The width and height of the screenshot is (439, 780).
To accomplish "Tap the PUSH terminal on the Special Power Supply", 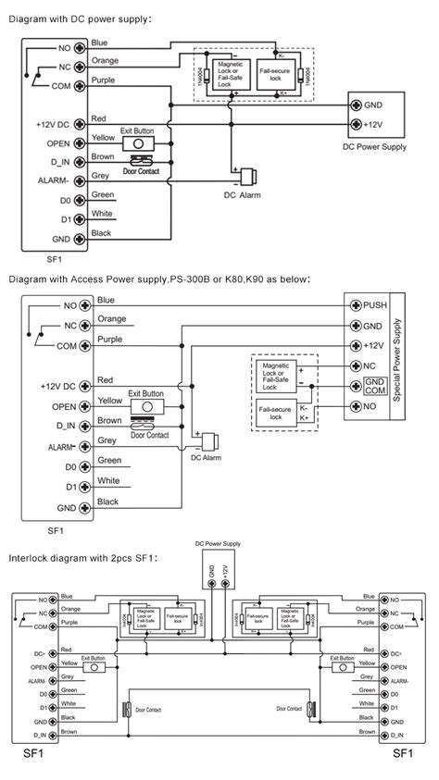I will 356,304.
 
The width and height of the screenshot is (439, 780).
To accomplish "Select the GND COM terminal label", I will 375,387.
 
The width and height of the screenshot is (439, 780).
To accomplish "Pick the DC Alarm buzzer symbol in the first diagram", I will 247,177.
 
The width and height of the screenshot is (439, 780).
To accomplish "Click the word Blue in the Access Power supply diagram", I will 107,300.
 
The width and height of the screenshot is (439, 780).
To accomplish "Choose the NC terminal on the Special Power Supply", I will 356,367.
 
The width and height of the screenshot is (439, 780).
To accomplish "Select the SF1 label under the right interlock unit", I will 403,754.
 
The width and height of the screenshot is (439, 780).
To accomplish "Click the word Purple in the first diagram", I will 104,81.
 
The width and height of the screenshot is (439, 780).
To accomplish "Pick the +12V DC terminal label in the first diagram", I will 57,123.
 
